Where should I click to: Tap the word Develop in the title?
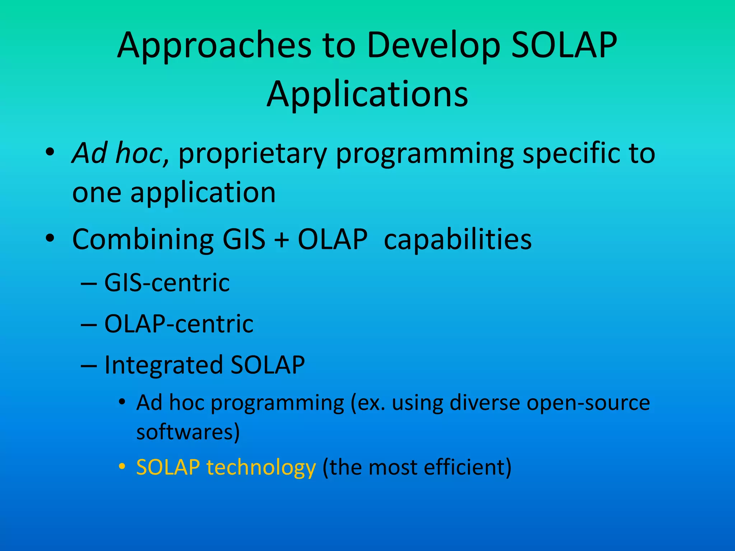pos(433,46)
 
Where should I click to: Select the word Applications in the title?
pos(367,94)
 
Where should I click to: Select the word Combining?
pos(142,240)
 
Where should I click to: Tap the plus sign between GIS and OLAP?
pos(282,240)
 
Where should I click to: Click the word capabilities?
pos(458,240)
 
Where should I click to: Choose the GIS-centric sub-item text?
pos(167,283)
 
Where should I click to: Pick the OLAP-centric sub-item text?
pos(179,324)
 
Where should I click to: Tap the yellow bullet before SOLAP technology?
pos(122,467)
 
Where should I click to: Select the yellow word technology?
pos(261,468)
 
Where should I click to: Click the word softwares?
pos(185,432)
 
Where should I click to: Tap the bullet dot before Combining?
pos(50,238)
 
